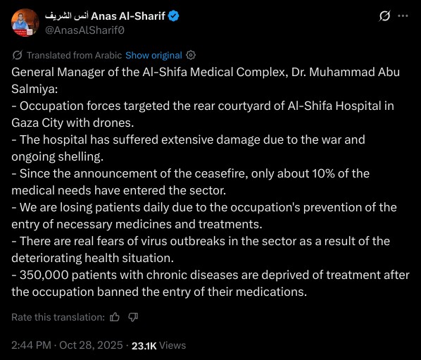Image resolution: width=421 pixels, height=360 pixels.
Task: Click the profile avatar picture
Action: pyautogui.click(x=24, y=23)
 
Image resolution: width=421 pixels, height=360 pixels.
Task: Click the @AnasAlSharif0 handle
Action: pyautogui.click(x=87, y=30)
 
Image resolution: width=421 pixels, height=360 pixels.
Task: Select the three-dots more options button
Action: pyautogui.click(x=403, y=15)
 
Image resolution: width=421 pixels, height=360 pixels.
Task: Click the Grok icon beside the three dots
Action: pyautogui.click(x=384, y=15)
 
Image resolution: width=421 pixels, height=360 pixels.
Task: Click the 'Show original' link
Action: pyautogui.click(x=153, y=55)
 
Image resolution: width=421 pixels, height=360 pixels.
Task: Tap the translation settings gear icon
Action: pyautogui.click(x=191, y=55)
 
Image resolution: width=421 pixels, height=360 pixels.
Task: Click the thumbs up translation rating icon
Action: pyautogui.click(x=115, y=318)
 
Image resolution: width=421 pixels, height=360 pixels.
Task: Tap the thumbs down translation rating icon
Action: pyautogui.click(x=133, y=318)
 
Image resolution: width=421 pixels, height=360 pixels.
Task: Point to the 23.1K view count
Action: pyautogui.click(x=145, y=345)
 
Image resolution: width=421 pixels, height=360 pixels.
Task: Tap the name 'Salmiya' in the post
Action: pyautogui.click(x=34, y=89)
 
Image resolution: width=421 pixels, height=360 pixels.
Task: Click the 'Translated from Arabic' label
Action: pyautogui.click(x=74, y=55)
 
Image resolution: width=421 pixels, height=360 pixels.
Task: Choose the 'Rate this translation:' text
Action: pyautogui.click(x=58, y=318)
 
